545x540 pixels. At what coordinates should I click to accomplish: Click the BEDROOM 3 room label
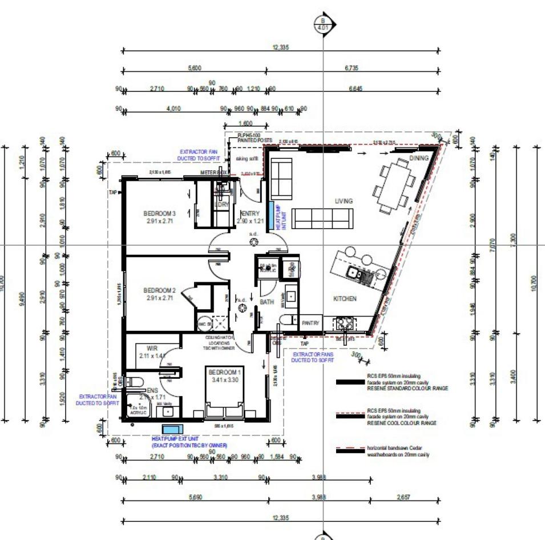click(x=159, y=214)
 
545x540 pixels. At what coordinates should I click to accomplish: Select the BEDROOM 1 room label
click(x=226, y=371)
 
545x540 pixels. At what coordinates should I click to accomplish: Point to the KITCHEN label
click(x=345, y=298)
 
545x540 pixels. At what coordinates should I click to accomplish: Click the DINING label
click(x=418, y=158)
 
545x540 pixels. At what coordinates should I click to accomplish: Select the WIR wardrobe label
click(x=152, y=347)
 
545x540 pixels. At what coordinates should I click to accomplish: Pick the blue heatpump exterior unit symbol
click(x=170, y=429)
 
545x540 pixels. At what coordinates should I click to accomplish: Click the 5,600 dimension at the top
click(x=194, y=68)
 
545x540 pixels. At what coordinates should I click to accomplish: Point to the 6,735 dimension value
click(x=352, y=68)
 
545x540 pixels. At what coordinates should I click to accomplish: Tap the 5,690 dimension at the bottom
click(x=194, y=497)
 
